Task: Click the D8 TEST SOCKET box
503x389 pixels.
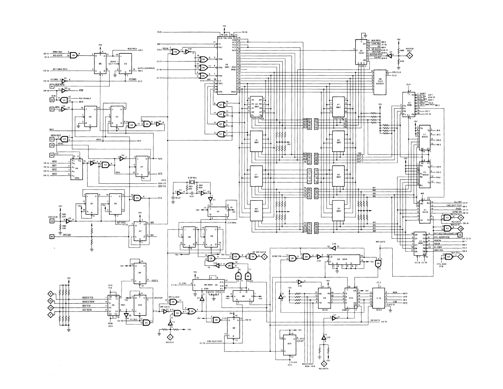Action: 380,82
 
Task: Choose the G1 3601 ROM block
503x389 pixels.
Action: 338,210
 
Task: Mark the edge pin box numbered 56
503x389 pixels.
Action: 52,100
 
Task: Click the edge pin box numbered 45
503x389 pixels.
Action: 52,236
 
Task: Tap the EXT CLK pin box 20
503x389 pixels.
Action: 52,221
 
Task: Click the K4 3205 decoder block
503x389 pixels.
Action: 76,169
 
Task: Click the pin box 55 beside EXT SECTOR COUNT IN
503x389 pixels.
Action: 460,235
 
